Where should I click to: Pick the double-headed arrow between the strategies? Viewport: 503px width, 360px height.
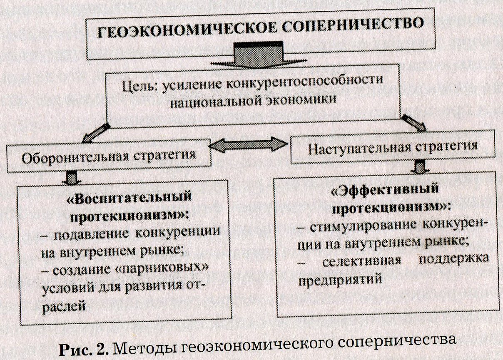248,145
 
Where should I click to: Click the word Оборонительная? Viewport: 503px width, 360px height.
75,157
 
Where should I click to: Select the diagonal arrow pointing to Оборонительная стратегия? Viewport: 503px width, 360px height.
96,133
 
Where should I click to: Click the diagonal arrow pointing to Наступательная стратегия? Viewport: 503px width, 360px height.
414,123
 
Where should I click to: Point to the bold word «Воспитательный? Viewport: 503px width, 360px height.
129,198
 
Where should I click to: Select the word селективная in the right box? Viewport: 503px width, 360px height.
361,261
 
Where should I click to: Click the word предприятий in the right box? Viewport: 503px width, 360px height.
340,280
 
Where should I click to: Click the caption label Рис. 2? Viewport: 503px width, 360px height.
84,349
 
